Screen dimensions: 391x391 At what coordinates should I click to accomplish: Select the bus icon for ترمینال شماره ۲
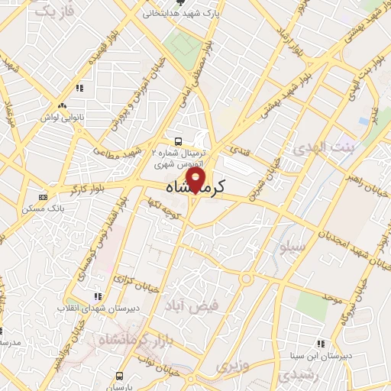178,141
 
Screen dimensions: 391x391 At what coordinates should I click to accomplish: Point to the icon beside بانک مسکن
42,195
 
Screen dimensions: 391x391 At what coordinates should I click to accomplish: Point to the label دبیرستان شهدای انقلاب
97,309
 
